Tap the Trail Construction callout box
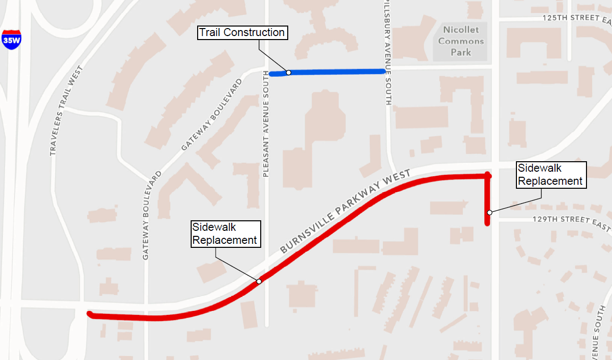pyautogui.click(x=242, y=33)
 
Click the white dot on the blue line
pyautogui.click(x=289, y=73)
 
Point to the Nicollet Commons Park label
pyautogui.click(x=461, y=41)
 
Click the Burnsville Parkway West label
pyautogui.click(x=345, y=211)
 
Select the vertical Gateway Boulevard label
pyautogui.click(x=146, y=215)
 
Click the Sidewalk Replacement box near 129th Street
pyautogui.click(x=550, y=175)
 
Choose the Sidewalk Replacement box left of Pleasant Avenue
pyautogui.click(x=225, y=234)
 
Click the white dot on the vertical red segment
pyautogui.click(x=490, y=213)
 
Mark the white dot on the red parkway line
pyautogui.click(x=259, y=281)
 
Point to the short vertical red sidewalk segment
pyautogui.click(x=487, y=200)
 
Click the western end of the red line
pyautogui.click(x=90, y=314)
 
